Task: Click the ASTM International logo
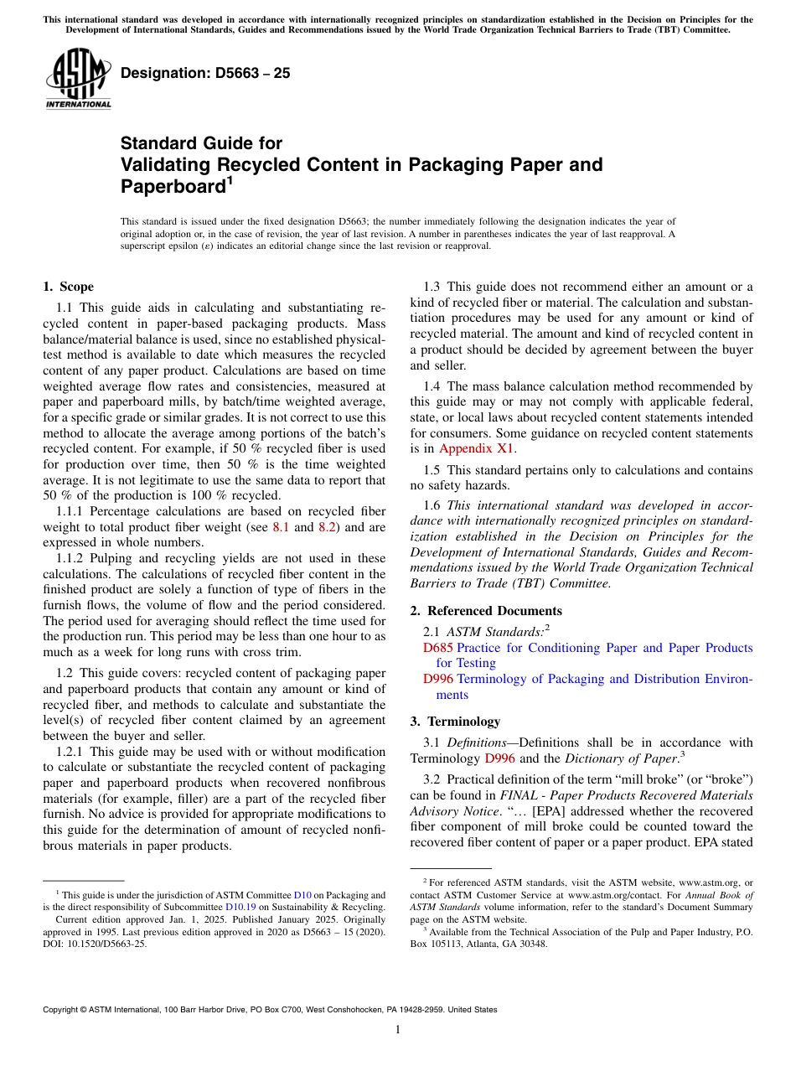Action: (x=78, y=80)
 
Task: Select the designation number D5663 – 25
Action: (x=205, y=73)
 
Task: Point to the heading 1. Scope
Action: (x=69, y=287)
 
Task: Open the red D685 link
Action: (x=437, y=648)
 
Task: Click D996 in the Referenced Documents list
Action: (x=439, y=679)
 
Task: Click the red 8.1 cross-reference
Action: (x=282, y=527)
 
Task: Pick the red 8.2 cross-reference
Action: (x=328, y=527)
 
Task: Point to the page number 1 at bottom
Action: (x=398, y=1029)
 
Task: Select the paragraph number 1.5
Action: (x=432, y=470)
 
